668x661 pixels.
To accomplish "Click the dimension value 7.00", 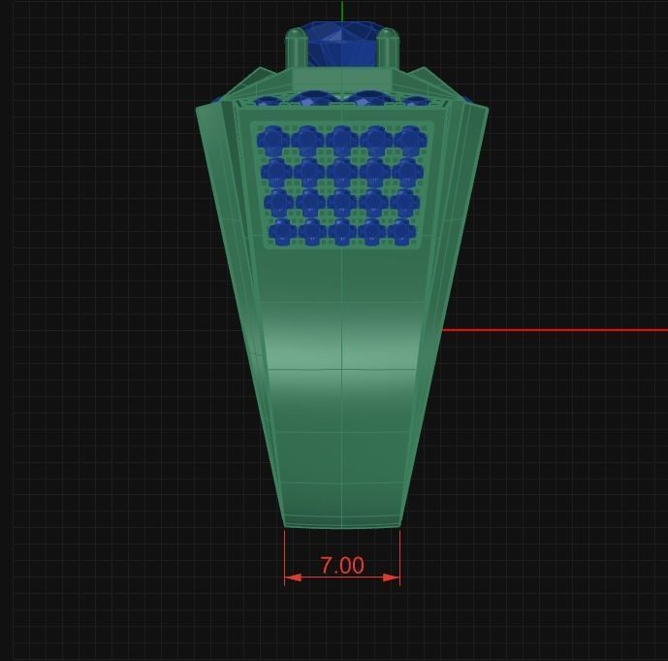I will pos(341,565).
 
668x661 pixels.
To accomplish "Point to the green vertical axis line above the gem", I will pos(342,12).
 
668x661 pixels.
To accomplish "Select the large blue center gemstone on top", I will pos(341,44).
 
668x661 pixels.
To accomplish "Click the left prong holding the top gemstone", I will pos(296,49).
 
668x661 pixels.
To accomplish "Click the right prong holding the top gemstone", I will pos(387,49).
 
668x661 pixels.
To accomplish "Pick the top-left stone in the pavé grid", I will pos(273,142).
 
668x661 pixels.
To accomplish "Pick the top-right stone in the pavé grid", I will pos(409,142).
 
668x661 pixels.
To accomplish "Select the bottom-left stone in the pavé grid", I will pos(282,232).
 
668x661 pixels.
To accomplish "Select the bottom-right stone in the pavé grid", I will pos(400,232).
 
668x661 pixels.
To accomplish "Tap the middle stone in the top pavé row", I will pos(341,142).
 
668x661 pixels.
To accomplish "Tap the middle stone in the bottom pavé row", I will pos(341,232).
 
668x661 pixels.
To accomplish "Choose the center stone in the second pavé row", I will pos(341,173).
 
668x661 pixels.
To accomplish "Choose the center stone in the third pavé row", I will pos(341,203).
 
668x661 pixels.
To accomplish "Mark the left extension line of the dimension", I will pos(284,553).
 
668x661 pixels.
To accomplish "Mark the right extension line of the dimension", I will pos(399,553).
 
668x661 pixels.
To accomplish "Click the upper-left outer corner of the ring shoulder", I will pos(198,110).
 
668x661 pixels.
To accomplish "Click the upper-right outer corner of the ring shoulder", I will pos(487,109).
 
